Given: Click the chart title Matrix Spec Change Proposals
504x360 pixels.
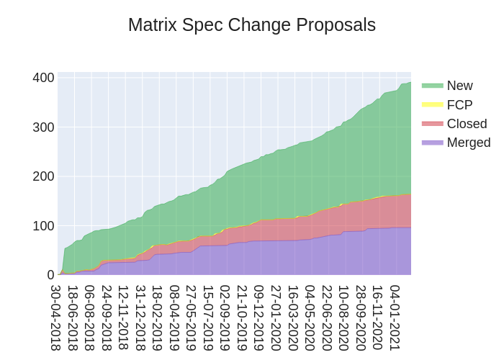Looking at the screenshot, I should (x=252, y=25).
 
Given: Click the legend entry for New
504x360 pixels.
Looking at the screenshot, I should (x=459, y=86).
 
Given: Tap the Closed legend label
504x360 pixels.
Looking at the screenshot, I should (x=467, y=124).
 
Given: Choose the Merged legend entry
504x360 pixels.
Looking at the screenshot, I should (x=468, y=143).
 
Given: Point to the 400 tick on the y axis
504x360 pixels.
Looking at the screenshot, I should (x=43, y=78).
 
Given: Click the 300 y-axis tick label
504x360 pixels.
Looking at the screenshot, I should (x=43, y=127).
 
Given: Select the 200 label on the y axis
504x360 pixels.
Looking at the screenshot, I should (x=43, y=176).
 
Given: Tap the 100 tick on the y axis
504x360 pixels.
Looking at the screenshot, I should (x=43, y=226).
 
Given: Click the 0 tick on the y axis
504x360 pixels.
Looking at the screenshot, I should (x=50, y=275).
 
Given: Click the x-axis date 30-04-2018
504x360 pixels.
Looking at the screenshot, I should (x=56, y=318).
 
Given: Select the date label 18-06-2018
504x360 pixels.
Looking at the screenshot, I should (x=73, y=318).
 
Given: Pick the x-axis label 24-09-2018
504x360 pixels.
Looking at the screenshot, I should (x=107, y=318).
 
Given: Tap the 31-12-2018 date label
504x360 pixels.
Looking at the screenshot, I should (x=141, y=318).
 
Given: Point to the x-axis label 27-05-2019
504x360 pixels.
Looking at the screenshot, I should (x=192, y=318).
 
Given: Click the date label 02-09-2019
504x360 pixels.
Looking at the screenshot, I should (x=225, y=318).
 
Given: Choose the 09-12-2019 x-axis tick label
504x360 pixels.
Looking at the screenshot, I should (x=259, y=318).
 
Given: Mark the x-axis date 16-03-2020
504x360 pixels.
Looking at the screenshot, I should (x=293, y=318).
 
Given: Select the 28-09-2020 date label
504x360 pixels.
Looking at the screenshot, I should (x=361, y=318).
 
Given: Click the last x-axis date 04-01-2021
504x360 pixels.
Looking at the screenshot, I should (x=395, y=318).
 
